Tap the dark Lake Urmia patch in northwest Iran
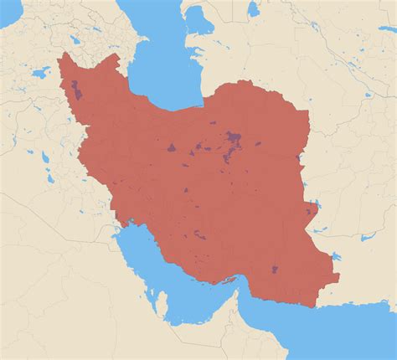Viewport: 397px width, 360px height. tap(77, 89)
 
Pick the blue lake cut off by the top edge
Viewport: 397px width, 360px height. tap(253, 7)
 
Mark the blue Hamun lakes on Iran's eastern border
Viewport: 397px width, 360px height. tap(313, 208)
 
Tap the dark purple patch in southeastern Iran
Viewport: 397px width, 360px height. tap(275, 270)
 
